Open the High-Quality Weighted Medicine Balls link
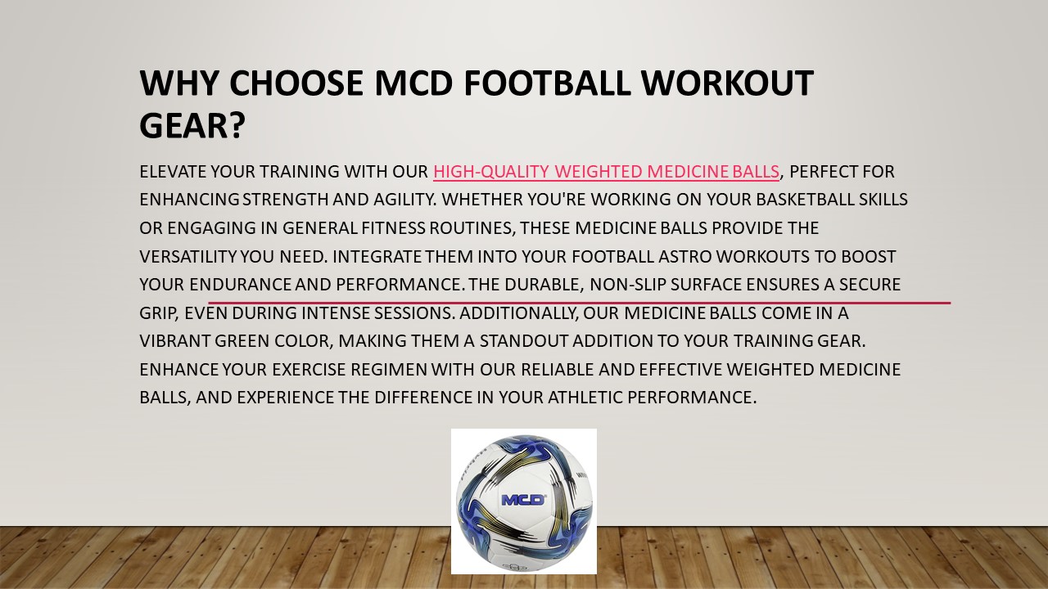point(606,172)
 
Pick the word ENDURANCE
point(240,285)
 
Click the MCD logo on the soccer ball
point(523,500)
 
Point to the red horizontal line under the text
point(580,303)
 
